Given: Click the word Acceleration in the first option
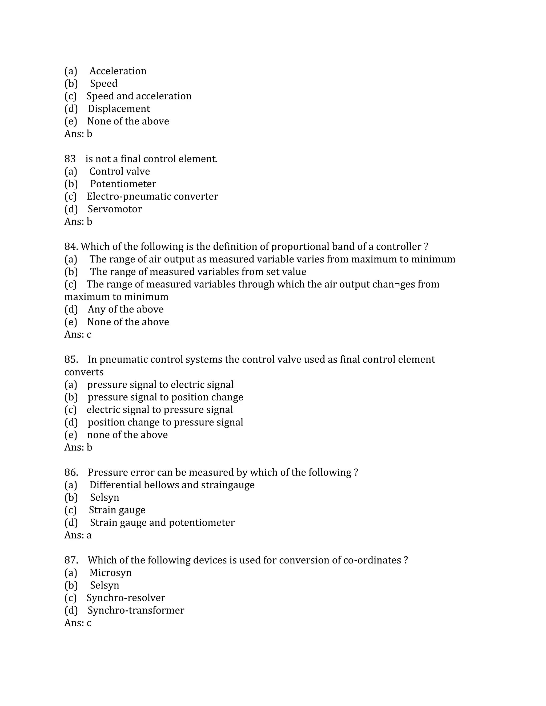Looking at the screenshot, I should pos(118,71).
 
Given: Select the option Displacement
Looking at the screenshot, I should pos(119,109).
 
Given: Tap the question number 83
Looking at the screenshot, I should pos(70,159).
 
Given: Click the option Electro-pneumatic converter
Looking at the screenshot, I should pos(152,197).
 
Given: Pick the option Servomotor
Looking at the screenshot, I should pos(114,209).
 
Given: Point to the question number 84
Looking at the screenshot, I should pos(71,247).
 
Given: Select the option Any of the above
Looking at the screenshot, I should pos(126,310).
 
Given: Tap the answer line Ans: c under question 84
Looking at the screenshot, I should pos(78,335).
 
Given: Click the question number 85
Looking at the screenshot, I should pos(71,360).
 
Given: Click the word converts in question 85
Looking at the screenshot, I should pos(84,372).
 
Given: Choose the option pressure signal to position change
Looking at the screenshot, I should pos(165,397).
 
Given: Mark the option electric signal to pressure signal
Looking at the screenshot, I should pos(159,410).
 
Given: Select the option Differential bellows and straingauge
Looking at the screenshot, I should pos(172,485).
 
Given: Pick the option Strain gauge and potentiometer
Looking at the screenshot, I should pos(162,523).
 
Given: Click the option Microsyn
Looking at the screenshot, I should pos(110,573).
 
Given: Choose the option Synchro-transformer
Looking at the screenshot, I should pos(136,611).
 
